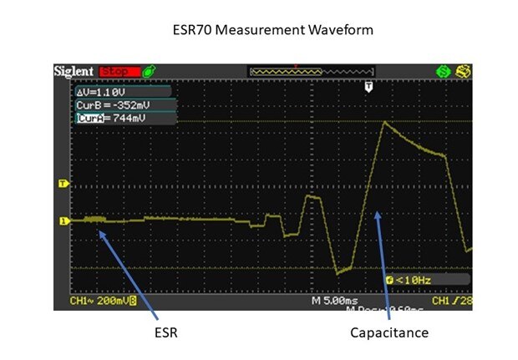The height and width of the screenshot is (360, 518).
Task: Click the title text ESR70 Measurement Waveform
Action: pyautogui.click(x=258, y=30)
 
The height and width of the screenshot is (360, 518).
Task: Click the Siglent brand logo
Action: pyautogui.click(x=74, y=71)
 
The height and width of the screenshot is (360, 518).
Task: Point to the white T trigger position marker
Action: pyautogui.click(x=369, y=87)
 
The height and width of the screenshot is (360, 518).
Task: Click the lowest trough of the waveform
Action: pyautogui.click(x=337, y=273)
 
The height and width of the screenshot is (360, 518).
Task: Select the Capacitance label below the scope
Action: pyautogui.click(x=388, y=332)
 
